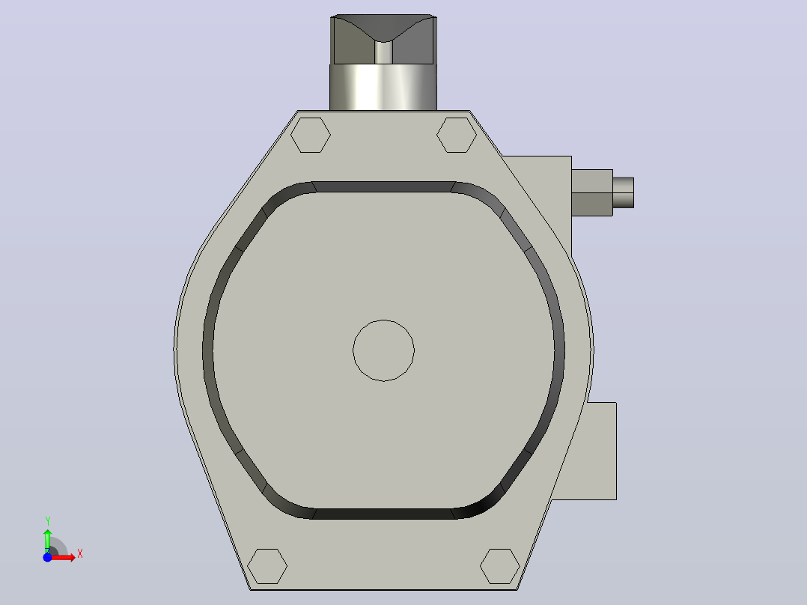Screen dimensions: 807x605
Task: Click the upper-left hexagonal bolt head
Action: tap(311, 135)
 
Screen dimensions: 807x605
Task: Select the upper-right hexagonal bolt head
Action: tap(457, 135)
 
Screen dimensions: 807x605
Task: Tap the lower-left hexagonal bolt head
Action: tap(267, 566)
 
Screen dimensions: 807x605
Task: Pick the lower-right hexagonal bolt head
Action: tap(500, 566)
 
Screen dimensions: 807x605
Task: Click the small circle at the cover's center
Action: tap(383, 350)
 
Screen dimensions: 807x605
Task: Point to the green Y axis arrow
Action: tap(47, 540)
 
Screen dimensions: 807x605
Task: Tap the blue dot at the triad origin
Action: tap(47, 557)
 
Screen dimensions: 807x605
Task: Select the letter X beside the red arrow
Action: tap(80, 554)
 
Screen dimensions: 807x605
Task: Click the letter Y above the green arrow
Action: tap(47, 521)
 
